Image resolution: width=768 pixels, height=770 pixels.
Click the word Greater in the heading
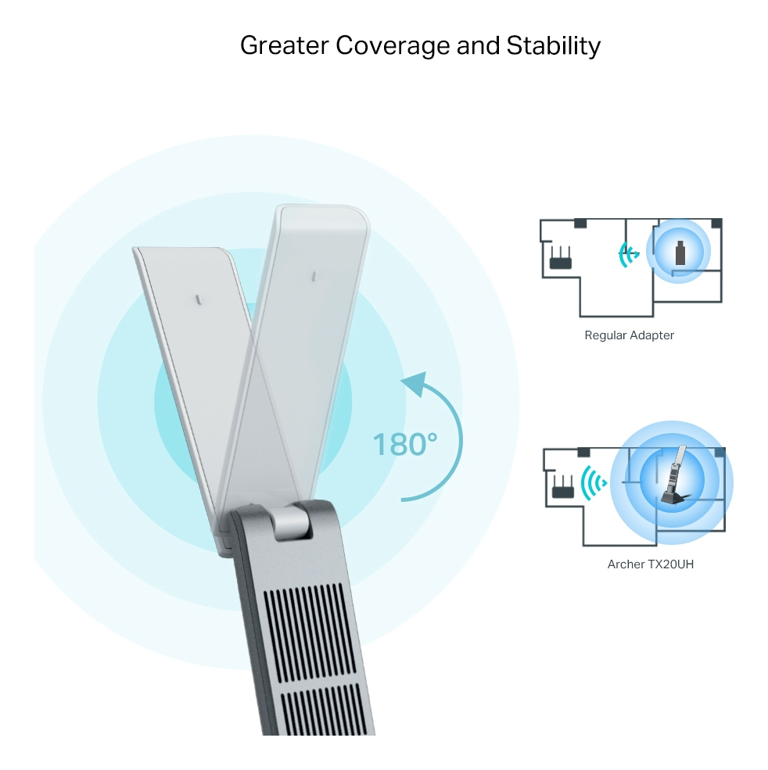[x=284, y=45]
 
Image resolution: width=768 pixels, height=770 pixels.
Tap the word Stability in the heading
[x=553, y=45]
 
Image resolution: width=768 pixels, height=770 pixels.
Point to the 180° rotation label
[x=404, y=444]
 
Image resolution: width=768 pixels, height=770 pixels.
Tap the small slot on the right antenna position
[x=312, y=276]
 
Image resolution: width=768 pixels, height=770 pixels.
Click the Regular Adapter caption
[x=629, y=335]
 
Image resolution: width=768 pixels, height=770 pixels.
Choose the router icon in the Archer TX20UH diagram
[x=561, y=486]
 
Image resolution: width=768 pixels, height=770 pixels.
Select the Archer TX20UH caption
[x=650, y=564]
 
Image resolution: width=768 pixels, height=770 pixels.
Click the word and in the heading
[x=477, y=45]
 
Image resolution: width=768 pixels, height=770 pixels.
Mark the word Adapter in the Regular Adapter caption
[x=651, y=335]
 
